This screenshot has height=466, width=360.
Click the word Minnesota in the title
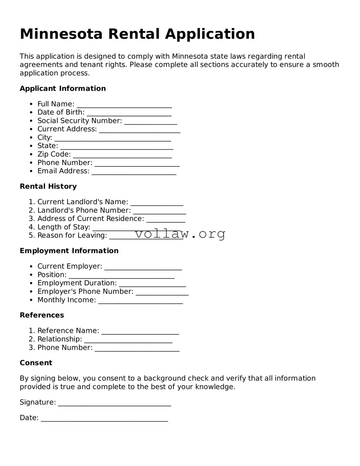pyautogui.click(x=61, y=34)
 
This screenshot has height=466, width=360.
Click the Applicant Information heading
pyautogui.click(x=63, y=89)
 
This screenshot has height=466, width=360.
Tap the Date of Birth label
pyautogui.click(x=61, y=112)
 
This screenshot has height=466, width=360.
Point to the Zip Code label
pyautogui.click(x=54, y=154)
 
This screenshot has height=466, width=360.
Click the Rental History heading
pyautogui.click(x=48, y=186)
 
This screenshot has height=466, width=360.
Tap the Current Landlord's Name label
pyautogui.click(x=82, y=202)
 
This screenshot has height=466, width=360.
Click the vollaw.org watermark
pyautogui.click(x=180, y=234)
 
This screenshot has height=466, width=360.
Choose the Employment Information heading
pyautogui.click(x=69, y=251)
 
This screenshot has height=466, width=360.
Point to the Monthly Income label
pyautogui.click(x=66, y=300)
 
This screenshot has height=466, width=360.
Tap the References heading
pyautogui.click(x=42, y=315)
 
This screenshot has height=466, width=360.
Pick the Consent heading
pyautogui.click(x=36, y=363)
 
